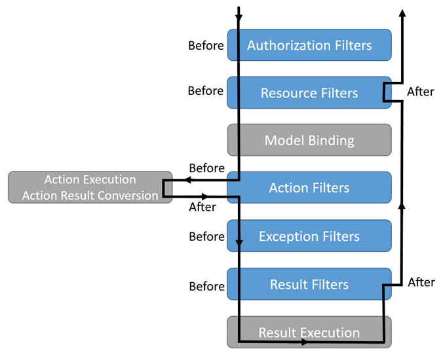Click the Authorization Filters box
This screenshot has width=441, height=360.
pyautogui.click(x=309, y=45)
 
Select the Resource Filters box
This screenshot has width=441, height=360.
pyautogui.click(x=309, y=93)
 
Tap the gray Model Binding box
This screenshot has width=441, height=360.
pyautogui.click(x=309, y=140)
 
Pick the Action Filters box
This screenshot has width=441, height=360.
pyautogui.click(x=309, y=187)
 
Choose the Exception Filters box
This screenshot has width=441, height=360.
pyautogui.click(x=309, y=236)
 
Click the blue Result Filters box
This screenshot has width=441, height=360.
pyautogui.click(x=309, y=284)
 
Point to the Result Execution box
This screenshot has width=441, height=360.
pyautogui.click(x=309, y=332)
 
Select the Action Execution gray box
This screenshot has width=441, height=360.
pyautogui.click(x=90, y=187)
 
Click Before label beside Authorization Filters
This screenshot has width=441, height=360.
pyautogui.click(x=206, y=46)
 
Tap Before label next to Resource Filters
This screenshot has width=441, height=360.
pyautogui.click(x=206, y=91)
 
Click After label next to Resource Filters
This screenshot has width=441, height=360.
pyautogui.click(x=421, y=92)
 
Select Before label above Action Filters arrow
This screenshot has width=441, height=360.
pyautogui.click(x=206, y=168)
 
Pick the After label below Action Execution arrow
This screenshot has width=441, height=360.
pyautogui.click(x=202, y=207)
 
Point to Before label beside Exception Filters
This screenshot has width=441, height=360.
pyautogui.click(x=206, y=237)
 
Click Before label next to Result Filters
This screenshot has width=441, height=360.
pyautogui.click(x=206, y=287)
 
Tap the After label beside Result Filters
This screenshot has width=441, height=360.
pyautogui.click(x=421, y=282)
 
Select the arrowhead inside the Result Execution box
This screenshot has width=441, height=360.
pyautogui.click(x=305, y=342)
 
